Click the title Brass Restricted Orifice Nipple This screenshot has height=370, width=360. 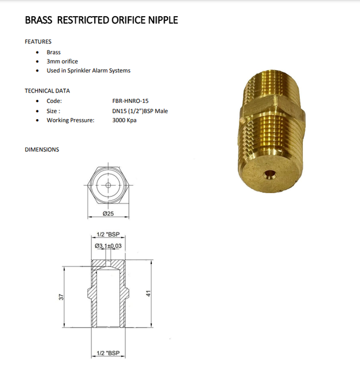point(102,20)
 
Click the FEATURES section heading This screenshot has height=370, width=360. point(38,42)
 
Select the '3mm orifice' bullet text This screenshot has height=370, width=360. point(62,61)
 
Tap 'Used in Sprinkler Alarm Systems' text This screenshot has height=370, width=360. point(88,71)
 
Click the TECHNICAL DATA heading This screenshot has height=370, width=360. point(47,91)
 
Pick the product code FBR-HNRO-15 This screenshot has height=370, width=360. point(131,101)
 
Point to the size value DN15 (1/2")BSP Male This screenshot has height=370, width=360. point(140,111)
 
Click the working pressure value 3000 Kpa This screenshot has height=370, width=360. point(124,120)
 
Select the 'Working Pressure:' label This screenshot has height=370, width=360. point(70,120)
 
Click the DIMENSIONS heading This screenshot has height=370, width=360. point(42,150)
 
